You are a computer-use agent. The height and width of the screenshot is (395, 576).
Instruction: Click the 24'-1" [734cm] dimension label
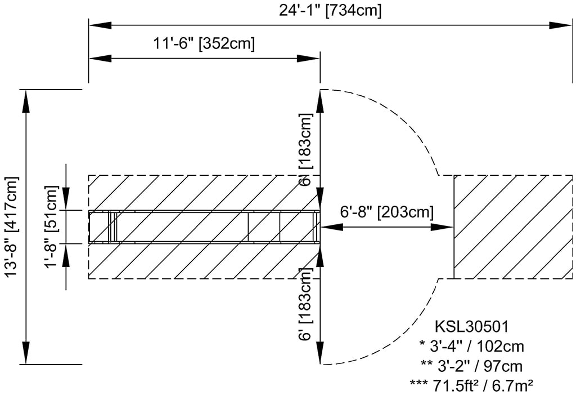330,10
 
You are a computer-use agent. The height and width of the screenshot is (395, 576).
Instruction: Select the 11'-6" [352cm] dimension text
204,43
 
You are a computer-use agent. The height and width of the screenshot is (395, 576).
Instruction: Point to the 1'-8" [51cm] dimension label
51,227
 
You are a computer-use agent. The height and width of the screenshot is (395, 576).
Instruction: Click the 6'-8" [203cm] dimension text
387,212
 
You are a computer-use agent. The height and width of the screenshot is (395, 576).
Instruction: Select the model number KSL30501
472,326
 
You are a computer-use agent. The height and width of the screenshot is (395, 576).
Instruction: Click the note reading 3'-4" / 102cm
472,346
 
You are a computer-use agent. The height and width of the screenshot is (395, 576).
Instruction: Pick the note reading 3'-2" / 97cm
472,366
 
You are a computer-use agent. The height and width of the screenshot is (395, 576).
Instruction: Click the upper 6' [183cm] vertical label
305,149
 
